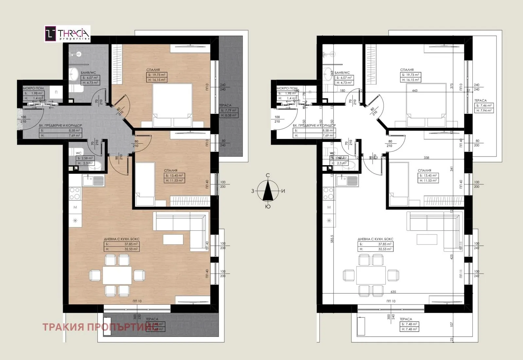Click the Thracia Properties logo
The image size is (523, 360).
67,34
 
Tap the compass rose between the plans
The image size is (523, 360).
268,191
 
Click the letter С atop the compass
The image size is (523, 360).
268,176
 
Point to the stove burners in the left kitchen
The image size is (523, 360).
75,193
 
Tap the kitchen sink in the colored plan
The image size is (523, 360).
93,180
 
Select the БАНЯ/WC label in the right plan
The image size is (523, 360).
342,73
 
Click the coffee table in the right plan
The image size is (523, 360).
427,239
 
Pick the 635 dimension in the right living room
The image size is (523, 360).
393,292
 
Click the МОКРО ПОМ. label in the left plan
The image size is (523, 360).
33,88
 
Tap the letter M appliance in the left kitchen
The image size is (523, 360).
75,207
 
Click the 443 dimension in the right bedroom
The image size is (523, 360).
415,91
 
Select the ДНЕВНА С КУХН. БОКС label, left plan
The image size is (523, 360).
120,239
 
